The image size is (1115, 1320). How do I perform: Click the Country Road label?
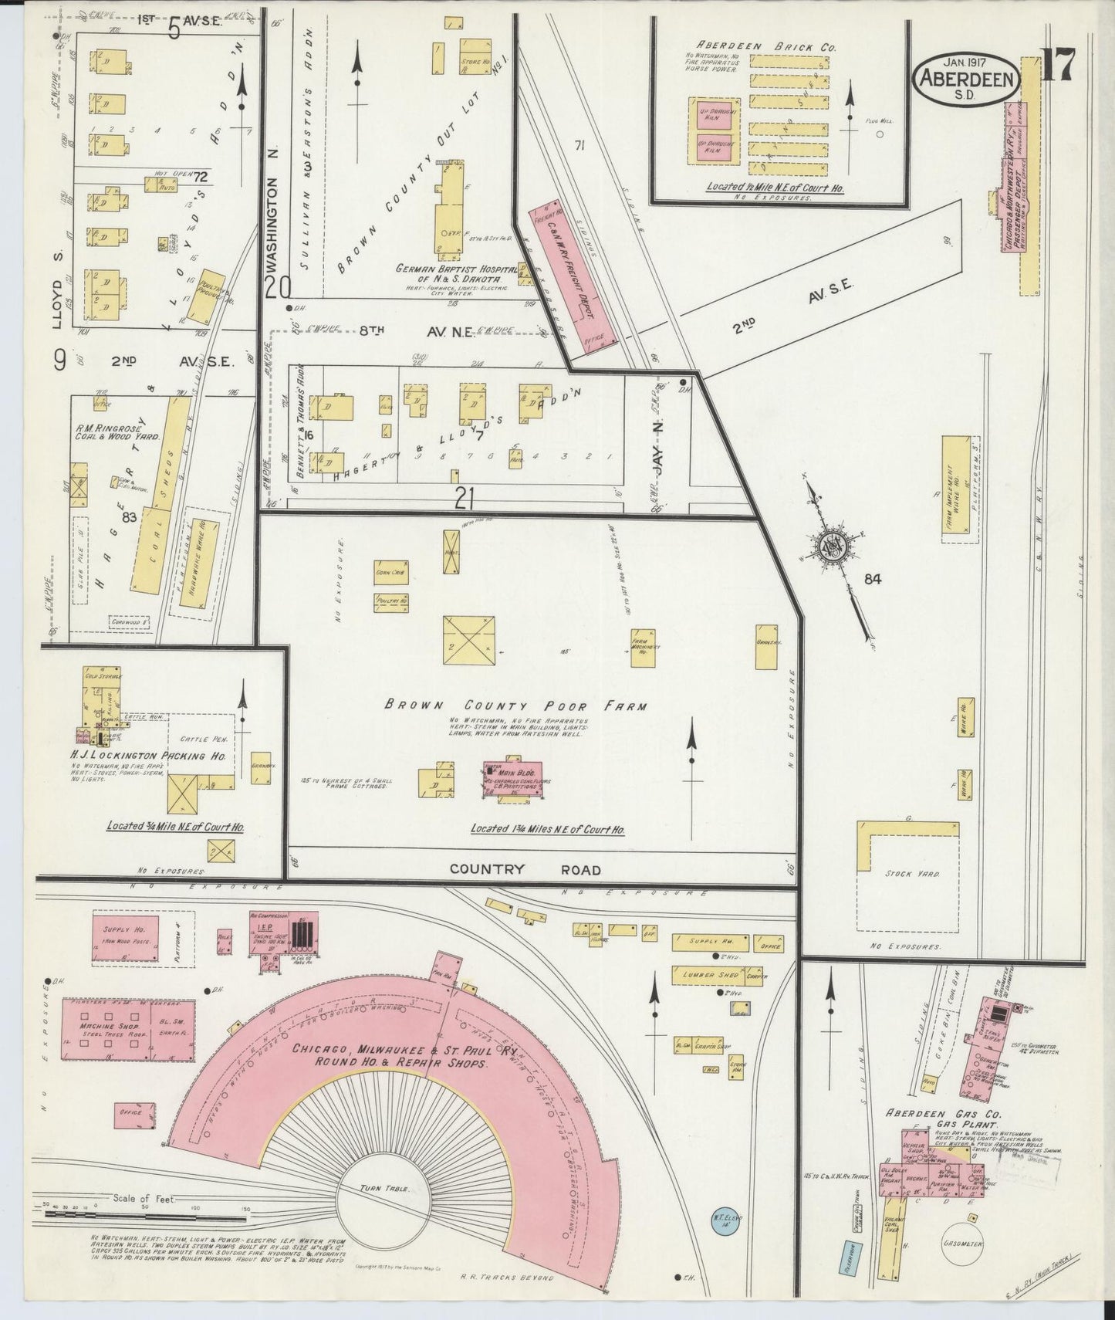[525, 869]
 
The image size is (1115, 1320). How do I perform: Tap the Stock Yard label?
[916, 875]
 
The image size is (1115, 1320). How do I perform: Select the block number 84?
[873, 579]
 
